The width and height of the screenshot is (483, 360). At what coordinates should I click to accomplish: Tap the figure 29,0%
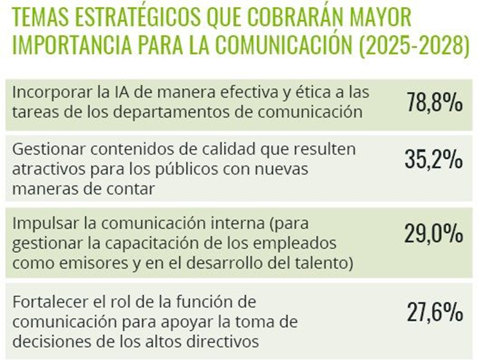pos(435,232)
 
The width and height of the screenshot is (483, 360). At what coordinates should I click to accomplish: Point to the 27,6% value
pos(435,312)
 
